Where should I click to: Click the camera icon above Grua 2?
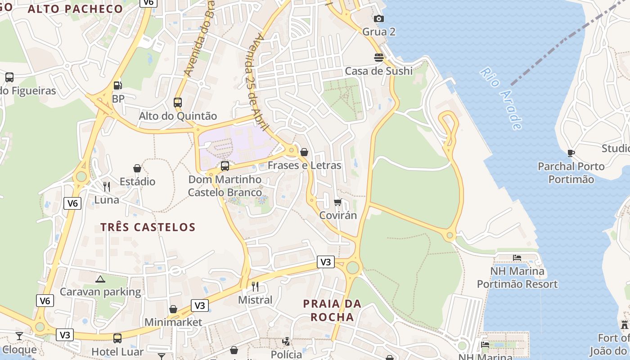379,18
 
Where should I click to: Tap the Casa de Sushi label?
378,71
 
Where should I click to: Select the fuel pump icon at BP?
117,85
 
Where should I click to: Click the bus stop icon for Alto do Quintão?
178,102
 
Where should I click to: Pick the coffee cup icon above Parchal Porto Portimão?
571,153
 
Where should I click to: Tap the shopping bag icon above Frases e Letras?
304,152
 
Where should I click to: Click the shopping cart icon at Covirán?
338,202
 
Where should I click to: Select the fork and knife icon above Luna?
107,186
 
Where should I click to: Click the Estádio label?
137,182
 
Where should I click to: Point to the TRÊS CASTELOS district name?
148,227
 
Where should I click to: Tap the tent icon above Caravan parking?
100,279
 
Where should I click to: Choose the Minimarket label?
173,322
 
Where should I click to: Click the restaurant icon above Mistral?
255,286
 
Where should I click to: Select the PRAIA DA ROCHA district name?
332,310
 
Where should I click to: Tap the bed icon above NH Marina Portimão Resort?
517,258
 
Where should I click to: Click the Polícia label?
286,354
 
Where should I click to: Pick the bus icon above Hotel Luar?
117,338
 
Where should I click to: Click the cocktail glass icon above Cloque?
19,336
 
